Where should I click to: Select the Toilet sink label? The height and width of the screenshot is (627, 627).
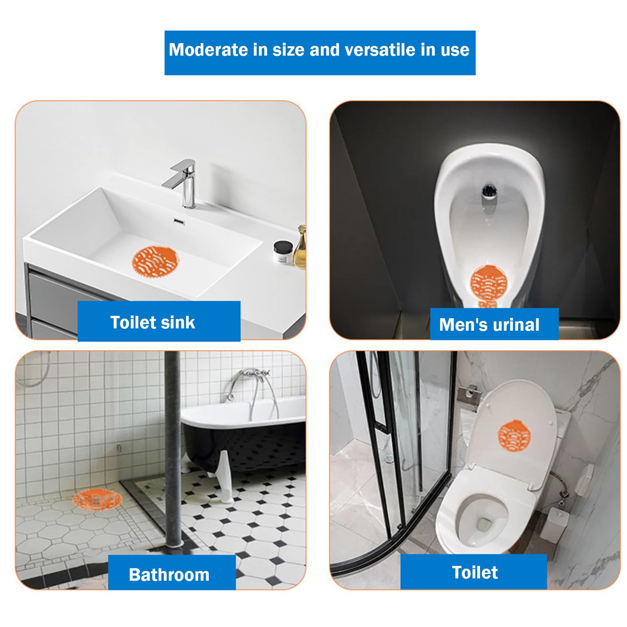159,321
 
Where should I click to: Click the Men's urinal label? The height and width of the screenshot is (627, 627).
494,324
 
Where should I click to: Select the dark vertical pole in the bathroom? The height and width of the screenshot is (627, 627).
172,449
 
